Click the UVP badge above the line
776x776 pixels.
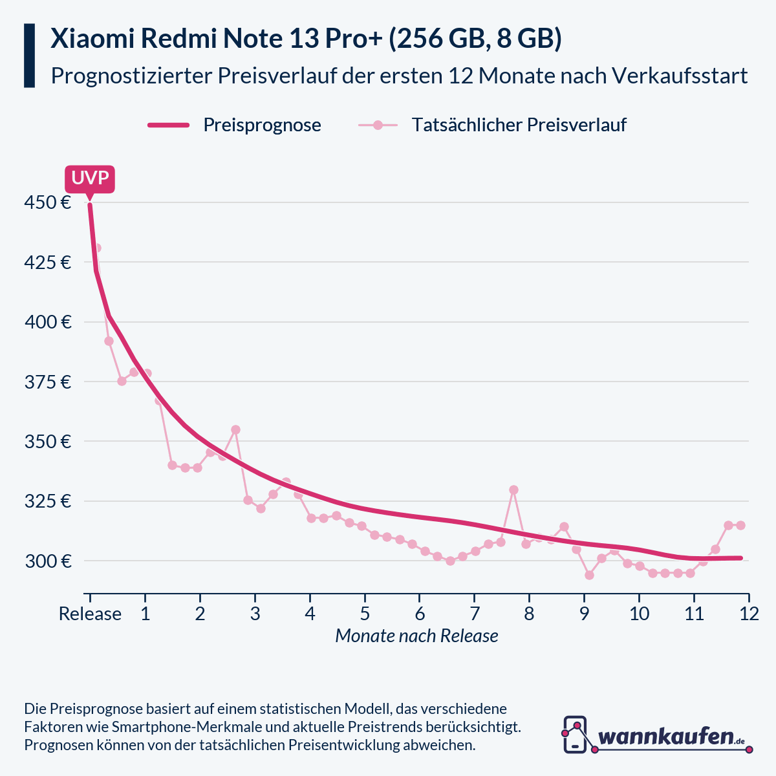(x=90, y=178)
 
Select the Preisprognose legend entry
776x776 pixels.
(x=262, y=125)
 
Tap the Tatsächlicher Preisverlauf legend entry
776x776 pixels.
(x=519, y=125)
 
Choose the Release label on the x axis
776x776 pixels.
(x=90, y=614)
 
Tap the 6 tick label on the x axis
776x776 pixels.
(x=420, y=614)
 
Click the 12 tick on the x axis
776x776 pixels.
(x=749, y=614)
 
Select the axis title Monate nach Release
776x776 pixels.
(x=416, y=636)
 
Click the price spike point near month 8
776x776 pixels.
(x=513, y=490)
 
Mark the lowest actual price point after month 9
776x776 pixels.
(x=589, y=575)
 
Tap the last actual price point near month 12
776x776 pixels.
(x=740, y=525)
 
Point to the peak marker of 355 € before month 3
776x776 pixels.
(x=235, y=429)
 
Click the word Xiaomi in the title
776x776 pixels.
(x=91, y=39)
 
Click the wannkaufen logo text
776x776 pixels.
(x=666, y=736)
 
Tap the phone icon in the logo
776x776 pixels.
(x=575, y=734)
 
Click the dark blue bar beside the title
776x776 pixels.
(x=29, y=56)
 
